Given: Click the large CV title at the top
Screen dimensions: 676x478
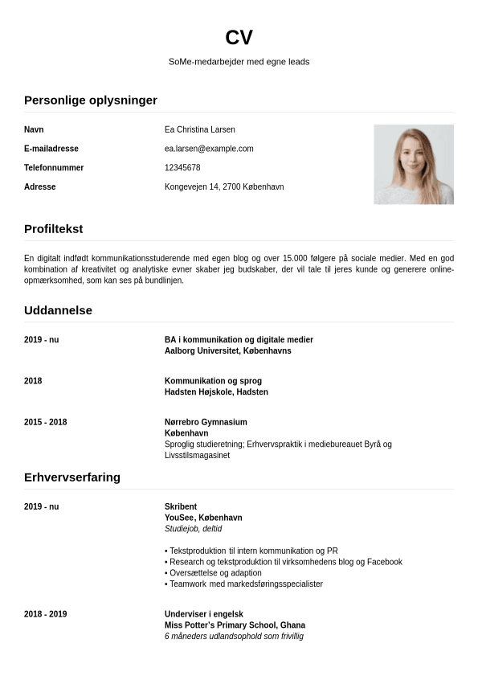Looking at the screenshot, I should (x=239, y=37).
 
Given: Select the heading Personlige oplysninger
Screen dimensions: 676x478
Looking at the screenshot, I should (x=91, y=100).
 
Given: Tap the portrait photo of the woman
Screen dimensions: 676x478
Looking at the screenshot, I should (x=413, y=164).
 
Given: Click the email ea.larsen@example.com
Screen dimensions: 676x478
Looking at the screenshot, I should (x=209, y=149).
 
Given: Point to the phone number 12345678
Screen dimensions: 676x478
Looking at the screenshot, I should (x=182, y=168).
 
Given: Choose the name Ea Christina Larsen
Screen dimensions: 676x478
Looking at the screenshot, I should (x=200, y=129).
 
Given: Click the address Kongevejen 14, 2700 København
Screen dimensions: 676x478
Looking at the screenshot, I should (x=224, y=187).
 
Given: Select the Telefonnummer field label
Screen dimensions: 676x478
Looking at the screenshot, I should (x=54, y=168).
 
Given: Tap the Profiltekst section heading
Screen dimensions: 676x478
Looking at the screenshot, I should (x=54, y=229).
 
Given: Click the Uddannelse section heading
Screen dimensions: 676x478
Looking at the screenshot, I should (x=59, y=310).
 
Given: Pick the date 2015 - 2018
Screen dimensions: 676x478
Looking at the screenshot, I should (x=46, y=422).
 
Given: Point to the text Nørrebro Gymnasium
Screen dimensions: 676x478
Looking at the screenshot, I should (x=206, y=422).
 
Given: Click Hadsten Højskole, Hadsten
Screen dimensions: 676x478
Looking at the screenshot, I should (x=216, y=392).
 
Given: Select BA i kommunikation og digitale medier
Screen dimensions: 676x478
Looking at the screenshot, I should (x=239, y=340).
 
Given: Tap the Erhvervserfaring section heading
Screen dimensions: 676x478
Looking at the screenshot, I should (x=72, y=477).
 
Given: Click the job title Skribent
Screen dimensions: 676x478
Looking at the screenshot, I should (x=181, y=507).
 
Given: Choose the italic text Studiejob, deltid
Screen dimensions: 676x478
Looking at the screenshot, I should (x=193, y=529).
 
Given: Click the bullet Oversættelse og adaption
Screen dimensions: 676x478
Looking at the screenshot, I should (x=215, y=573).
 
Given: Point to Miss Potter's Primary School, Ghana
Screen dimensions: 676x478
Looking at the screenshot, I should (x=235, y=625).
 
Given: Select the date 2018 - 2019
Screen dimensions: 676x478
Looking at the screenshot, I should (x=46, y=614).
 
